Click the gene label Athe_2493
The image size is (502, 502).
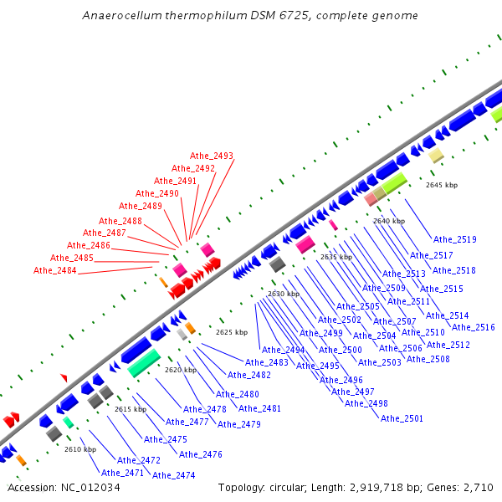point(212,156)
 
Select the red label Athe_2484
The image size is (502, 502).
point(55,270)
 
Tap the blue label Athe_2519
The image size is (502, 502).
point(455,239)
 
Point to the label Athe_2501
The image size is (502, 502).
point(402,418)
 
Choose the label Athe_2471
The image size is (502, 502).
point(122,473)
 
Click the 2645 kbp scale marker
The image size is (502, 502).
point(442,185)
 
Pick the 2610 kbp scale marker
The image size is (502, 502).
point(80,449)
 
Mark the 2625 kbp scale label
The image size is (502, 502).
point(232,332)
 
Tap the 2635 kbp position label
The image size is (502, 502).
point(336,257)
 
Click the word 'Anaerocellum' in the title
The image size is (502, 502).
point(119,16)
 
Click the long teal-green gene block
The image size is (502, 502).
point(144,363)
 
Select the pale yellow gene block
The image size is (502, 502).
point(436,156)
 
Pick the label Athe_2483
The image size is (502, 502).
point(267,362)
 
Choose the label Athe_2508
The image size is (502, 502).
point(428,359)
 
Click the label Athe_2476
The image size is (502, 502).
point(201,454)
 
